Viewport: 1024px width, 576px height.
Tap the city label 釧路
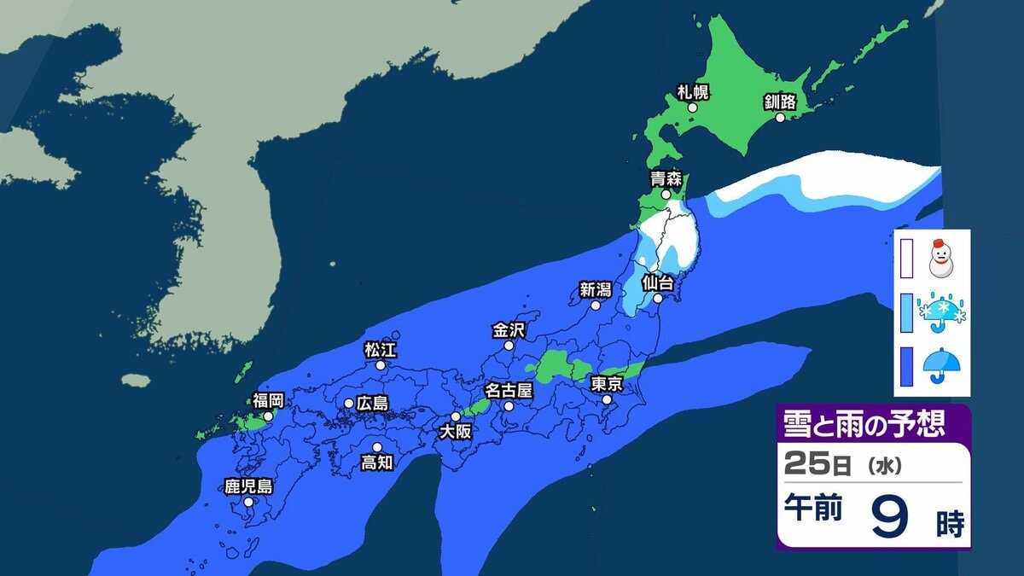(x=780, y=102)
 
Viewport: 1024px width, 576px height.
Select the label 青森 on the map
(x=666, y=179)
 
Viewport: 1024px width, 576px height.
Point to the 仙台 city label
(x=658, y=282)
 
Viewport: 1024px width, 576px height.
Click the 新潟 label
(x=596, y=289)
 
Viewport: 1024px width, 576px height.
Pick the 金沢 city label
(x=509, y=329)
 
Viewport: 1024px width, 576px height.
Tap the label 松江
(x=381, y=349)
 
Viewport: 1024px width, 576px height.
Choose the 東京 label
(x=607, y=383)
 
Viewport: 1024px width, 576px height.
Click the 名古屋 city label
(x=509, y=391)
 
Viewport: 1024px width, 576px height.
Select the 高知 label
(x=377, y=463)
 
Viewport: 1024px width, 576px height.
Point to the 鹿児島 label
(x=248, y=487)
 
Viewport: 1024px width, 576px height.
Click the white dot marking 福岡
(x=268, y=416)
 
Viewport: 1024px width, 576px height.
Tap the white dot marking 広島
(x=349, y=403)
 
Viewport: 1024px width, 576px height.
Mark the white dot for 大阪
(x=456, y=416)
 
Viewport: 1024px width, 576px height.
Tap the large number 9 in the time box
(x=889, y=515)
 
